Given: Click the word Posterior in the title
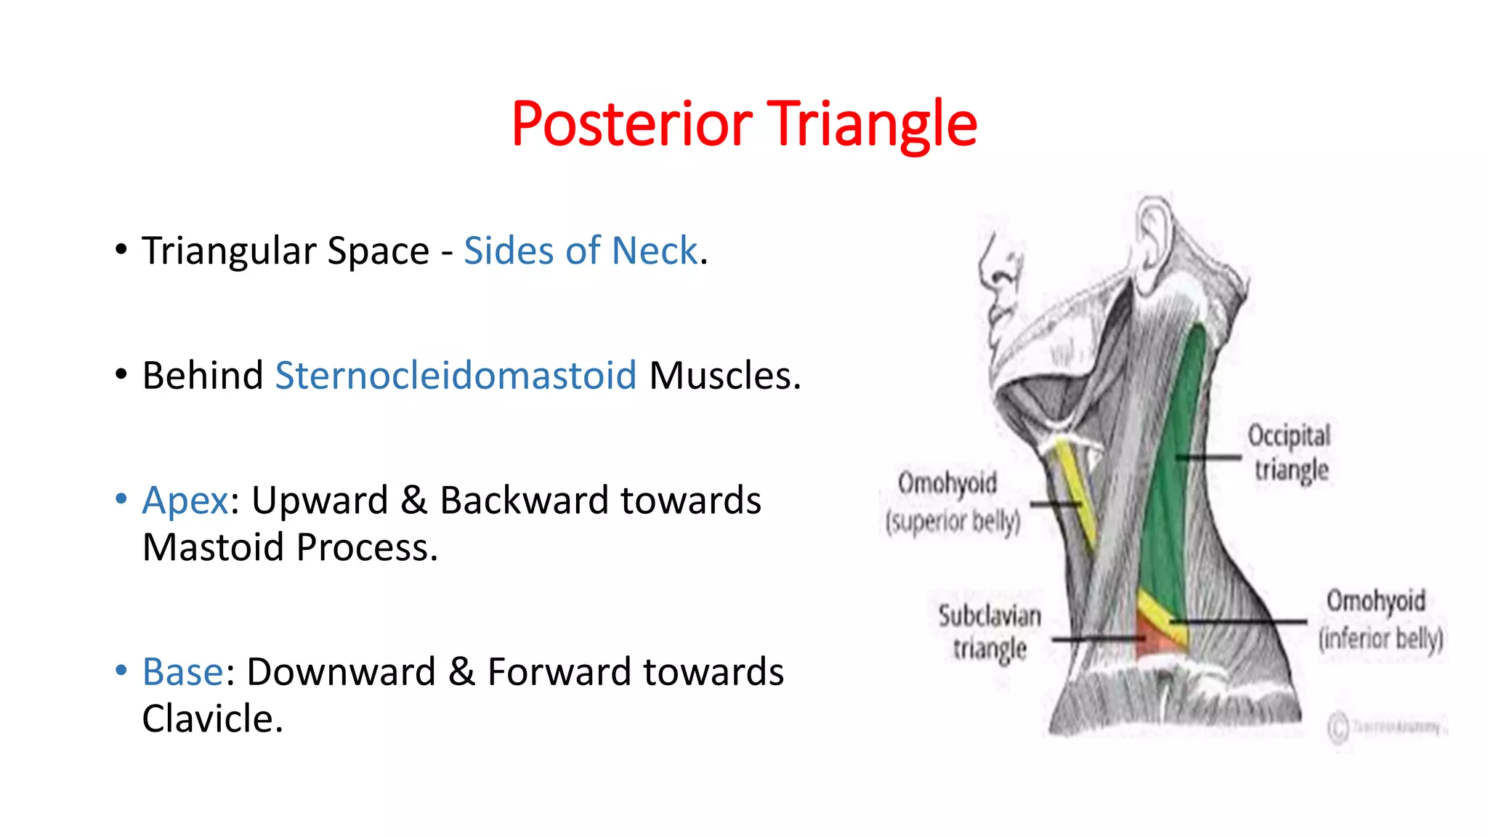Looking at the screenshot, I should click(631, 124).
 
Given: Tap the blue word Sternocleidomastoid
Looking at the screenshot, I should click(456, 376).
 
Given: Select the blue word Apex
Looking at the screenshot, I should click(185, 501).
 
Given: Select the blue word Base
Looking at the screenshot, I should click(182, 671).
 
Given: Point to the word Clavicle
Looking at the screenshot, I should click(211, 719).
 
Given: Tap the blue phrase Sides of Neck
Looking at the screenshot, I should click(581, 251).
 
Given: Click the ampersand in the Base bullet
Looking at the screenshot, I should click(461, 671).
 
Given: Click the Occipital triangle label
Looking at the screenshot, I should click(1290, 452).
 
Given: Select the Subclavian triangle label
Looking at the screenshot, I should click(990, 631).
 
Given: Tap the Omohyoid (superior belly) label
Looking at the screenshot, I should click(952, 501).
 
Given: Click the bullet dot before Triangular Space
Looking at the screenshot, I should click(121, 250).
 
